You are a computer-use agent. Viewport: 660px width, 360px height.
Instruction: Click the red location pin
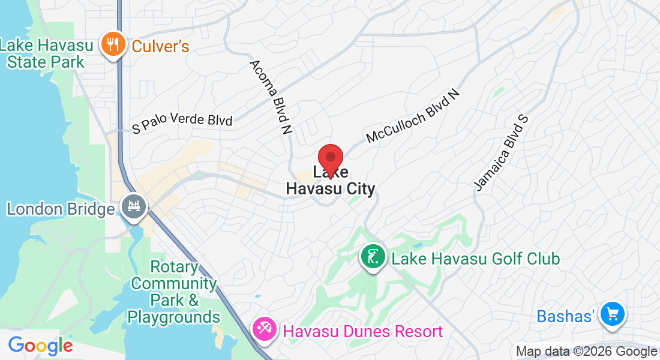[x=330, y=159]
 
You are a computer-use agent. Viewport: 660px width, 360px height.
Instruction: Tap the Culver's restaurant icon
[x=112, y=44]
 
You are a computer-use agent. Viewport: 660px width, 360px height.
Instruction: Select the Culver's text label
[x=160, y=46]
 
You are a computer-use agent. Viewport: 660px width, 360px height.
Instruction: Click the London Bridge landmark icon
[x=134, y=207]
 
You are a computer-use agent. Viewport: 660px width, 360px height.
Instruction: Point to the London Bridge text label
[x=61, y=209]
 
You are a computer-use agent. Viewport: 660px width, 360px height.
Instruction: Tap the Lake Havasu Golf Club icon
[x=372, y=257]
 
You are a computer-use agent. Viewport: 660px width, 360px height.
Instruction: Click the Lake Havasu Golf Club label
[x=475, y=259]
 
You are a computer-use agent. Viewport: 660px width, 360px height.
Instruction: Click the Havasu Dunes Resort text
[x=362, y=331]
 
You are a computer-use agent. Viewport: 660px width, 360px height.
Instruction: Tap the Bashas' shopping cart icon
[x=613, y=313]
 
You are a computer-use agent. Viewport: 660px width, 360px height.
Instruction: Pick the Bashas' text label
[x=566, y=316]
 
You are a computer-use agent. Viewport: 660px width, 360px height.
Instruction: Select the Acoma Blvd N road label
[x=271, y=96]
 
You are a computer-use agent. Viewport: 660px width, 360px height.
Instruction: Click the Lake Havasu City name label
[x=330, y=182]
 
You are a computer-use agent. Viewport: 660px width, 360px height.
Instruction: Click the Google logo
[x=40, y=346]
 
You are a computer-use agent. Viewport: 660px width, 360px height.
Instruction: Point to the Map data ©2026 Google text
[x=587, y=352]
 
